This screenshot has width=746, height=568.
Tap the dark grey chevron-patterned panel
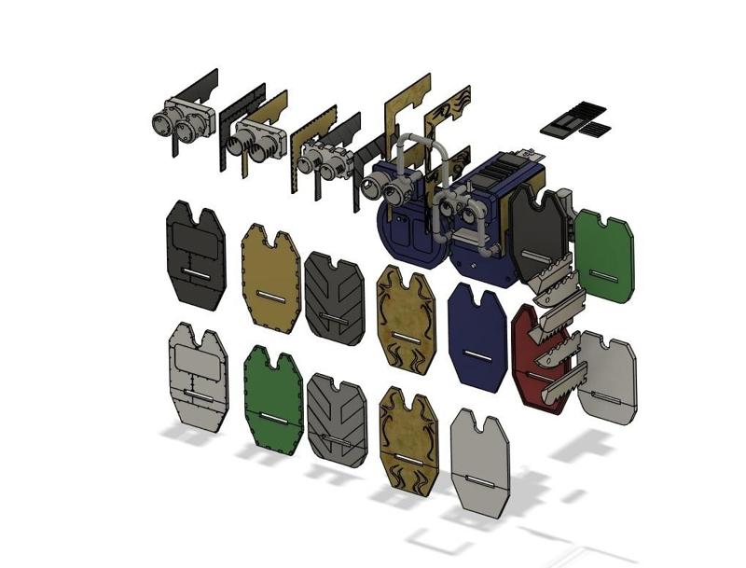pos(334,297)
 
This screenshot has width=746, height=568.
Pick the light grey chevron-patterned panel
pos(333,417)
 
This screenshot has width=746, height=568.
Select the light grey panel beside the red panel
pos(608,378)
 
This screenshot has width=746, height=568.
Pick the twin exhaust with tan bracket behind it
pos(256,140)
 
